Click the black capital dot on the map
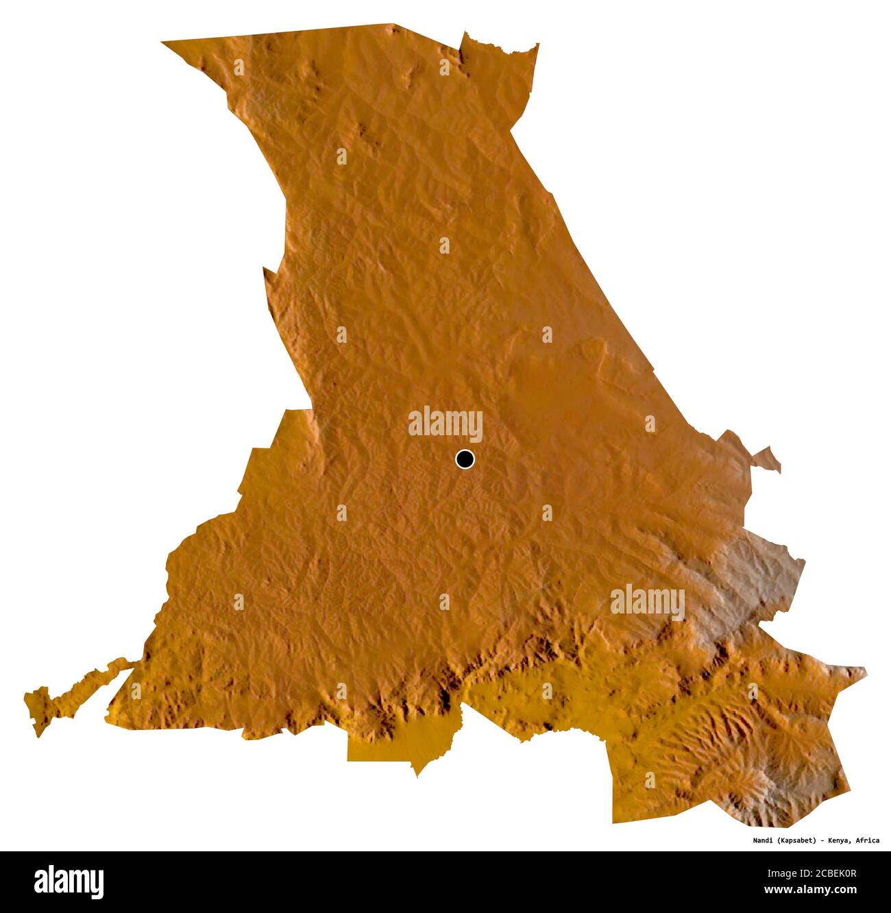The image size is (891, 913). (x=465, y=459)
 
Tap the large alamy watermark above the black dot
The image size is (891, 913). (x=445, y=424)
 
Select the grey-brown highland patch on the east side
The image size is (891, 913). (x=761, y=576)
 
